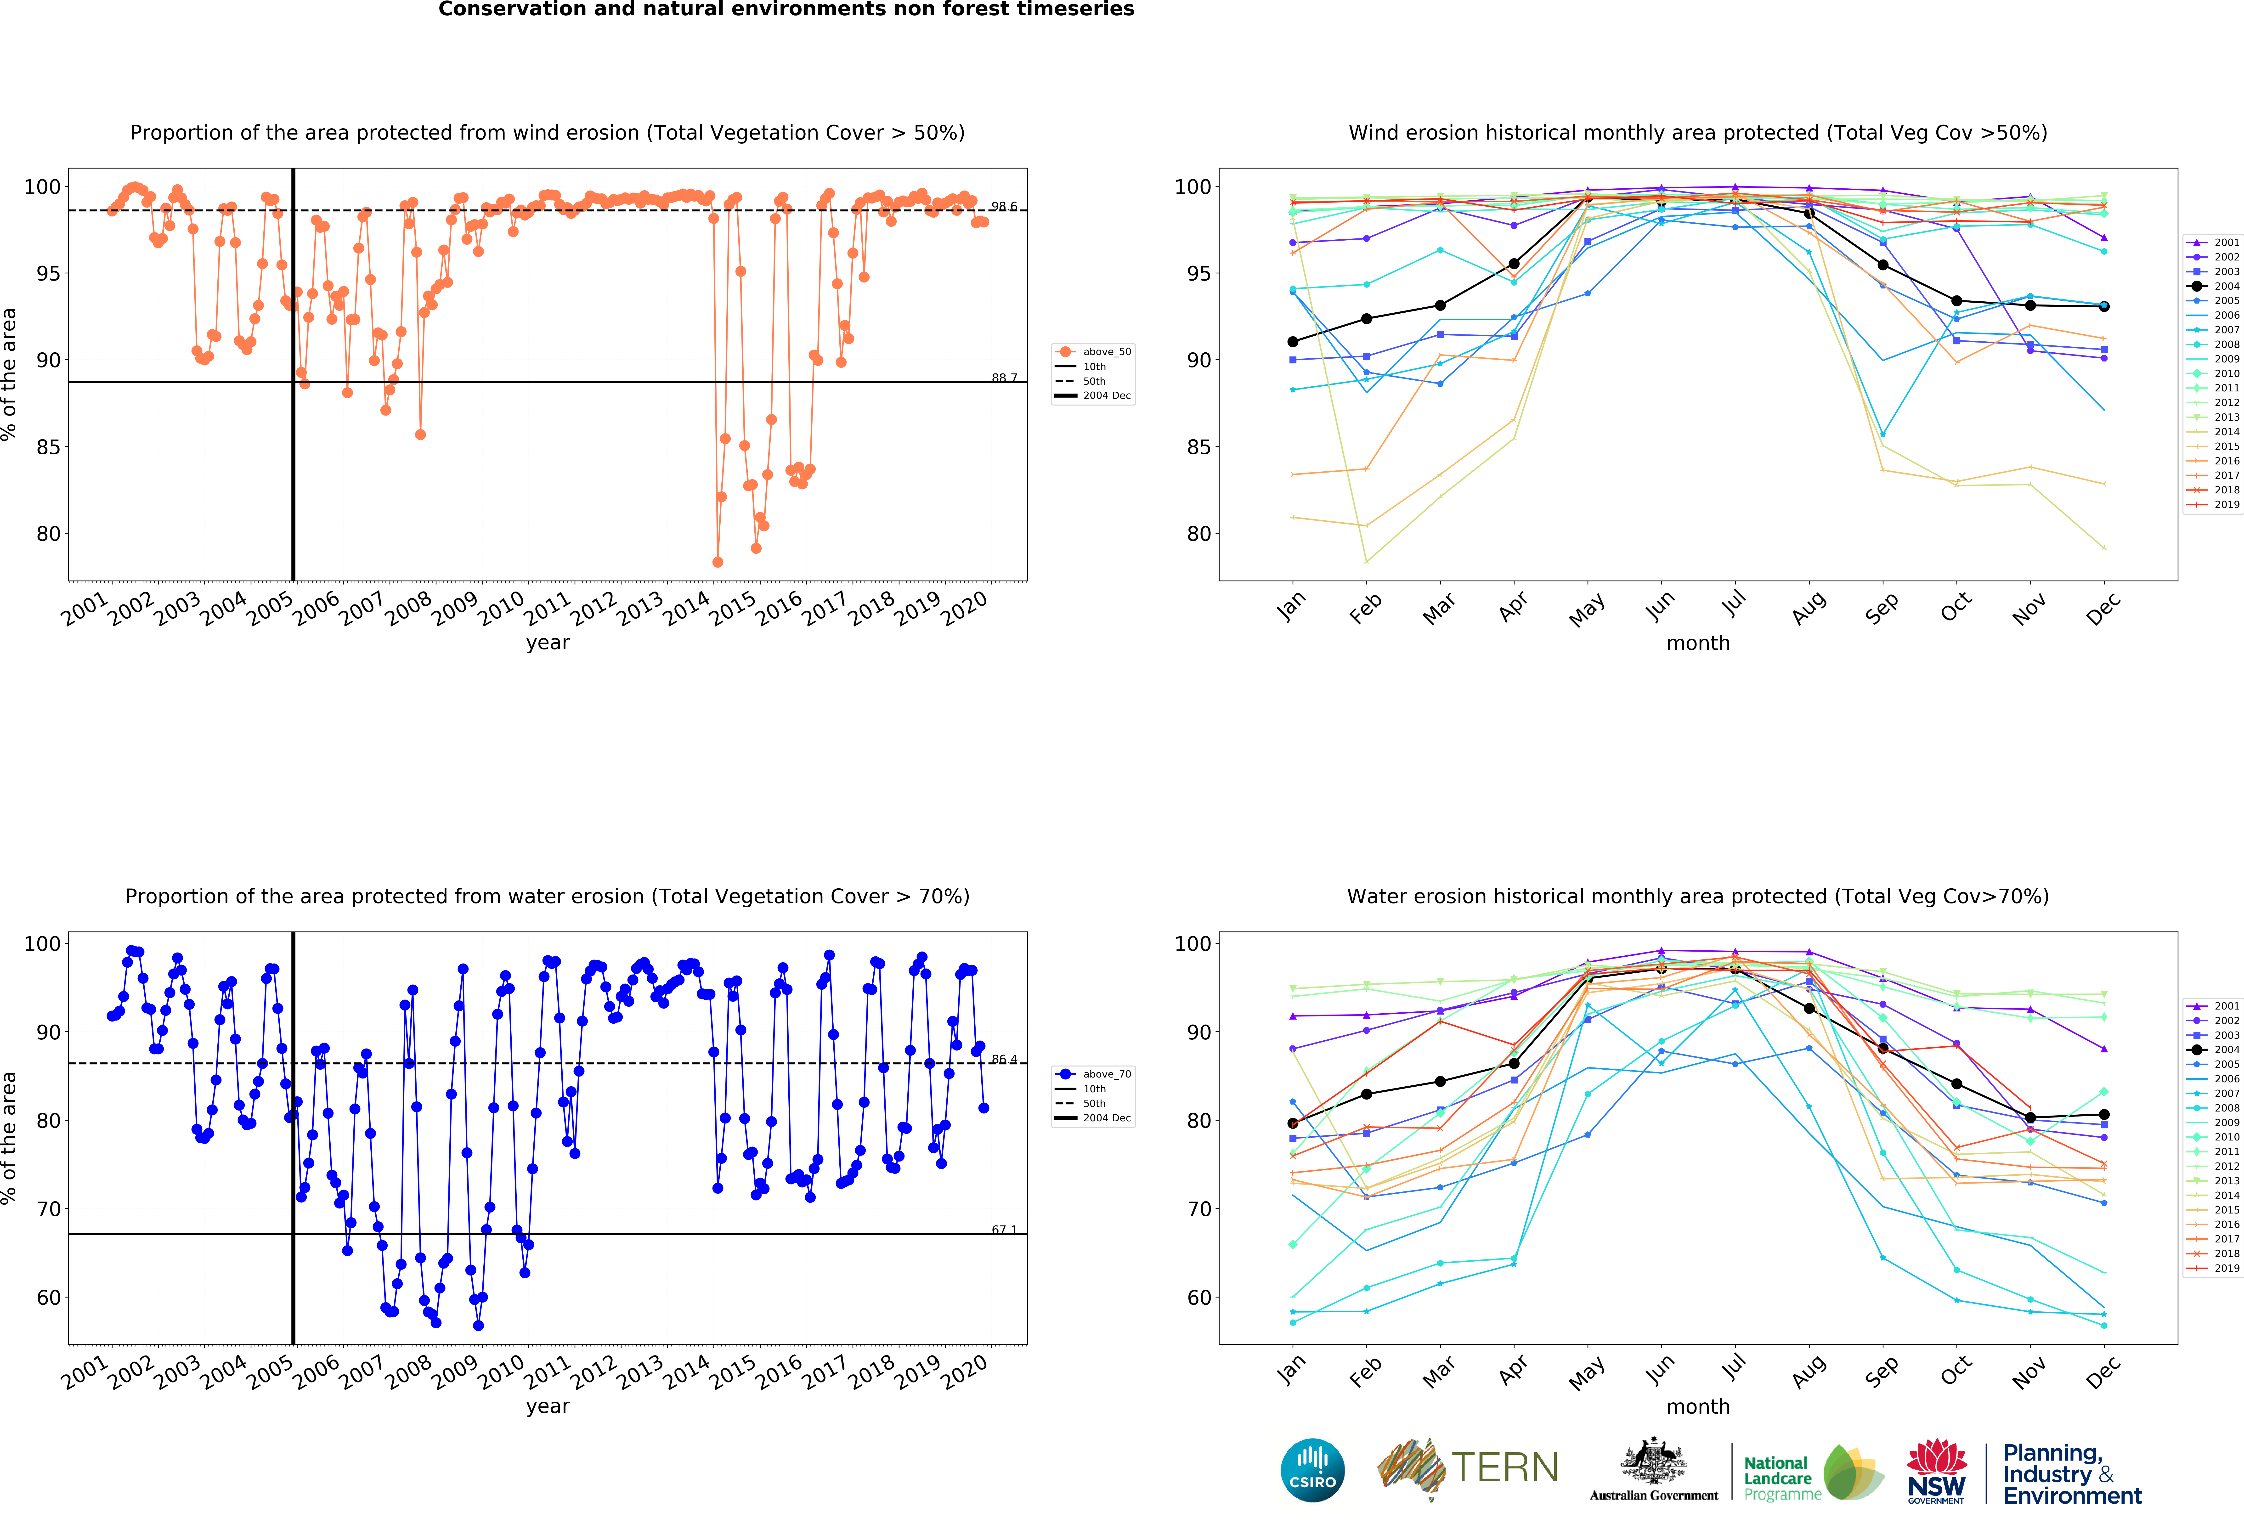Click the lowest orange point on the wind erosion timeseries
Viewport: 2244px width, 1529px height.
click(x=718, y=562)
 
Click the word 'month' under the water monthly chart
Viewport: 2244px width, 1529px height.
click(x=1697, y=1406)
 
